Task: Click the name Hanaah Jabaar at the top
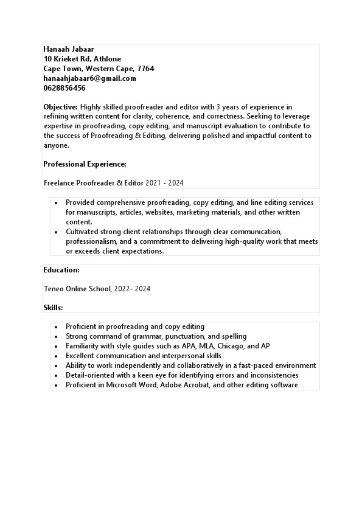[69, 49]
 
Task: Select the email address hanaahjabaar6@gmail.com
[90, 78]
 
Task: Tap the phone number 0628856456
[64, 88]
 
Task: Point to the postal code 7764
[145, 69]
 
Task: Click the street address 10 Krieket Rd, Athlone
[82, 59]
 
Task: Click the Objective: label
[60, 107]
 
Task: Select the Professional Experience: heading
[85, 164]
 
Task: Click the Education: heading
[61, 270]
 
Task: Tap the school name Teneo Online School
[77, 289]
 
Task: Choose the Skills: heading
[54, 308]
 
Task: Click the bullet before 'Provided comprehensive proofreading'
[57, 202]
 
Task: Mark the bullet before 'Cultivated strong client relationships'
[57, 232]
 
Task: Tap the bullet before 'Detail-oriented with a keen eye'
[57, 375]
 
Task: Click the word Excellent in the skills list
[82, 356]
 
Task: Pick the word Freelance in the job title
[59, 183]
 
